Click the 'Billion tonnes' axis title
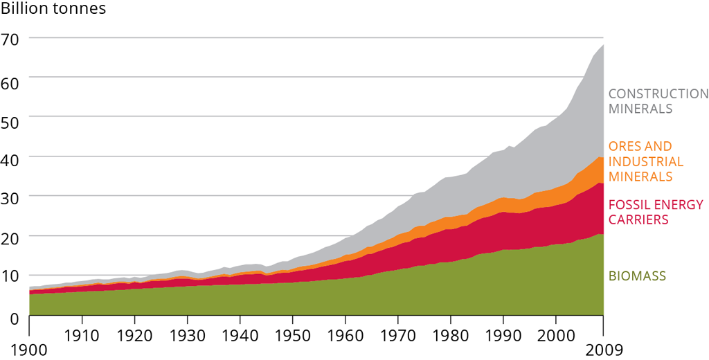point(54,10)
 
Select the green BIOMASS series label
point(637,276)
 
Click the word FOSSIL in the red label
point(627,205)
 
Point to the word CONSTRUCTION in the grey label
point(658,94)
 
